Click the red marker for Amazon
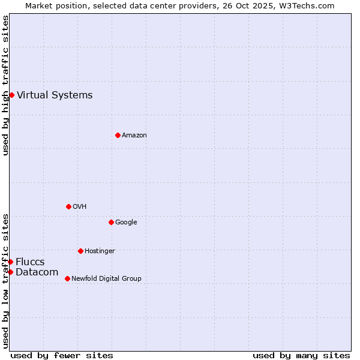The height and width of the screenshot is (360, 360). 118,135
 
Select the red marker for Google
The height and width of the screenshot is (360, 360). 111,222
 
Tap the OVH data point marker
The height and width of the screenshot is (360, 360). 68,206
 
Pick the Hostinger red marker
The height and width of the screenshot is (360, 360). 80,251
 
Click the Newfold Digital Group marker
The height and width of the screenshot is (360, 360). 67,278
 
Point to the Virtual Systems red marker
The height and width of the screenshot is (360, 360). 11,95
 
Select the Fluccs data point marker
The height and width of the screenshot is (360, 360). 10,262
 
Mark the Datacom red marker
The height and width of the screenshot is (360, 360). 10,272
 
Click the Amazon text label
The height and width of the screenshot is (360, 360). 134,136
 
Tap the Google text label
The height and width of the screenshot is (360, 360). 126,223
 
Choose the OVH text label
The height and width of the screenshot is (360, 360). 80,207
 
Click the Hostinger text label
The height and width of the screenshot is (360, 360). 100,251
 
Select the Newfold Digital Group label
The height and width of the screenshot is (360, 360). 106,279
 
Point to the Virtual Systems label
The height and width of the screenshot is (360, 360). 55,95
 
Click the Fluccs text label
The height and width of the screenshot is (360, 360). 30,262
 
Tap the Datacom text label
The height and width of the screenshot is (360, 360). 37,272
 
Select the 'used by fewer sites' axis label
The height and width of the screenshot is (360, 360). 62,355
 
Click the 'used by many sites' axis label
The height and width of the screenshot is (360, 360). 301,355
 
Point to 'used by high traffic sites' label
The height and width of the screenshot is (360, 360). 5,85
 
